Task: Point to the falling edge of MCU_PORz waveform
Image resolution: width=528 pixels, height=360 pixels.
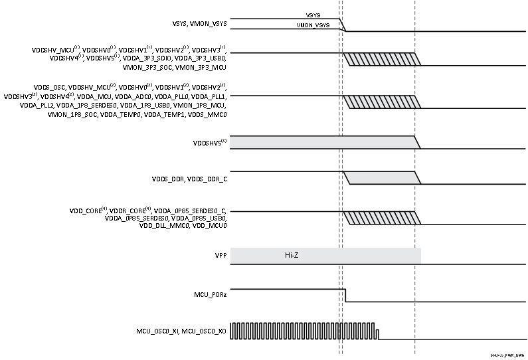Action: click(x=345, y=296)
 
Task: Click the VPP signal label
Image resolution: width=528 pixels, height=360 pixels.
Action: click(x=220, y=255)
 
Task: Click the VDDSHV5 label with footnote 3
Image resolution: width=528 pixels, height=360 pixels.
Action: click(x=209, y=141)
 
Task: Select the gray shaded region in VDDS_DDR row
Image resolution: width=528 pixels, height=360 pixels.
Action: click(x=383, y=178)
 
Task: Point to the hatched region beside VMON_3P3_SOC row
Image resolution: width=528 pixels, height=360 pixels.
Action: click(x=383, y=59)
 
